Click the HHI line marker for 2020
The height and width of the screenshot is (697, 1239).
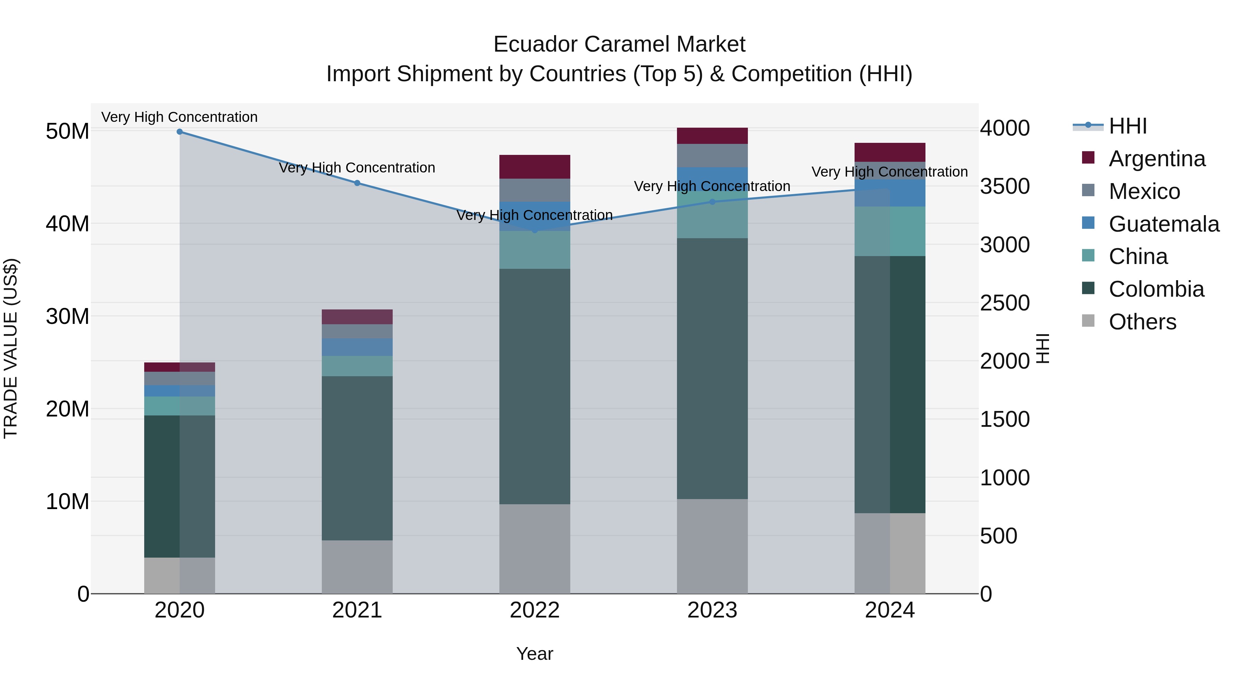pyautogui.click(x=179, y=132)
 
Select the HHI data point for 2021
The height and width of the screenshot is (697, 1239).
pyautogui.click(x=357, y=183)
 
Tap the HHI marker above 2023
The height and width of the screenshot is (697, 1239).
pyautogui.click(x=712, y=202)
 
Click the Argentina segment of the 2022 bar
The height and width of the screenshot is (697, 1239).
pyautogui.click(x=534, y=167)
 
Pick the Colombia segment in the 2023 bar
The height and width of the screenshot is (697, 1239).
pyautogui.click(x=712, y=368)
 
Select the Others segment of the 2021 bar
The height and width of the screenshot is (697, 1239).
pyautogui.click(x=357, y=567)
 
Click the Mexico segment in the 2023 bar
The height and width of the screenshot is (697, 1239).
pyautogui.click(x=712, y=155)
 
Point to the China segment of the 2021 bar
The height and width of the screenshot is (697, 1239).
pyautogui.click(x=357, y=366)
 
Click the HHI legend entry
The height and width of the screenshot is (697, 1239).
pyautogui.click(x=1127, y=126)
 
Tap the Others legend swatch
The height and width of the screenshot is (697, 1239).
pyautogui.click(x=1088, y=321)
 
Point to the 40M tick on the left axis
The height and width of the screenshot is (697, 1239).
pyautogui.click(x=67, y=224)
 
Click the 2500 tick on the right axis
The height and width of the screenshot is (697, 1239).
pyautogui.click(x=1004, y=303)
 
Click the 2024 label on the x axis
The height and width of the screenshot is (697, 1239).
pyautogui.click(x=889, y=610)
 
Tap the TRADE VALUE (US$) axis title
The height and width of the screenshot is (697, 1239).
pyautogui.click(x=11, y=348)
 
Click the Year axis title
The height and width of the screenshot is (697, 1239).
pyautogui.click(x=534, y=654)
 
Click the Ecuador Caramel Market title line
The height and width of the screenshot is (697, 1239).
pyautogui.click(x=619, y=44)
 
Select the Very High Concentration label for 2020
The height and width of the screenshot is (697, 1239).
pyautogui.click(x=179, y=117)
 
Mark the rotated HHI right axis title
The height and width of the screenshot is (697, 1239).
pyautogui.click(x=1042, y=348)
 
